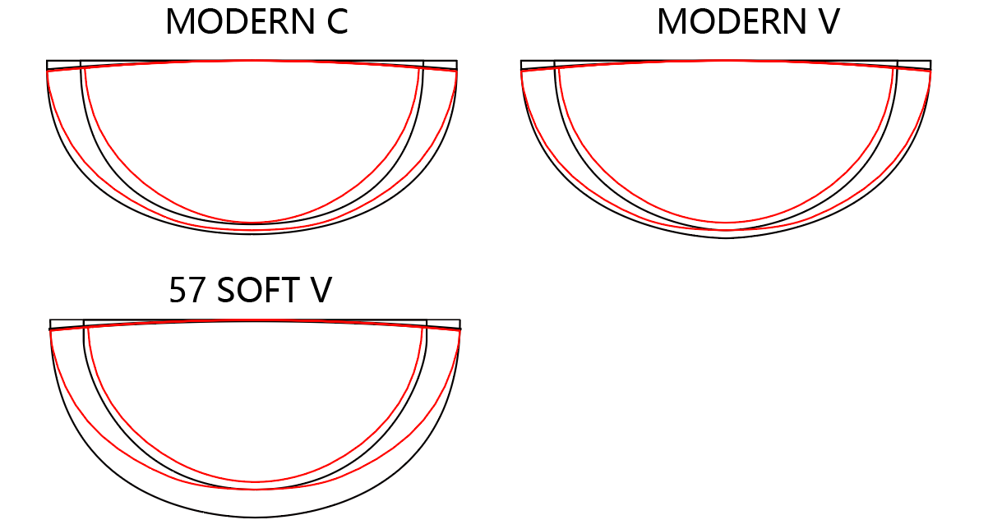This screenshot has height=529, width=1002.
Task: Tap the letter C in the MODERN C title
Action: click(x=336, y=22)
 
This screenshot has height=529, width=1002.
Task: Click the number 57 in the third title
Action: click(x=187, y=291)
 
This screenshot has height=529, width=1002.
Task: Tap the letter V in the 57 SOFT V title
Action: click(x=321, y=291)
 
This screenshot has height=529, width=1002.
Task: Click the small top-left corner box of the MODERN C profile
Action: click(x=63, y=65)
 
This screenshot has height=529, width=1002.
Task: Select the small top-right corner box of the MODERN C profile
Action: click(x=440, y=65)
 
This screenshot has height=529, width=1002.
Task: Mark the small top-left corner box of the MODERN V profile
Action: click(x=538, y=65)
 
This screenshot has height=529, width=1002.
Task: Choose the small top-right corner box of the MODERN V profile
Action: click(x=914, y=65)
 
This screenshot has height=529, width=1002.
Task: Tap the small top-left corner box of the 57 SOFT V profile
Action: click(x=67, y=324)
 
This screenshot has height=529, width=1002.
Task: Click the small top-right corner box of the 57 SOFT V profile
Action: click(x=443, y=324)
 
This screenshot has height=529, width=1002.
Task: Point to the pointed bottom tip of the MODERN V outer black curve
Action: click(x=726, y=238)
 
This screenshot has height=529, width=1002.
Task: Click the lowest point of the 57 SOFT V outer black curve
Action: click(x=255, y=517)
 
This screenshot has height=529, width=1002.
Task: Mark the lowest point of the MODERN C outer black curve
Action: click(x=252, y=234)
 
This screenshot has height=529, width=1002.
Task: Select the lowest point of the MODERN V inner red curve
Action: click(x=726, y=223)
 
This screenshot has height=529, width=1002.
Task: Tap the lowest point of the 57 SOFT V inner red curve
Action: click(x=255, y=481)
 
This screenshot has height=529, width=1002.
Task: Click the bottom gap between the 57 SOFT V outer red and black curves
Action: click(x=255, y=504)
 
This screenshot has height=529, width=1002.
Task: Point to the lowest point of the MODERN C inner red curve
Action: click(x=252, y=223)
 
